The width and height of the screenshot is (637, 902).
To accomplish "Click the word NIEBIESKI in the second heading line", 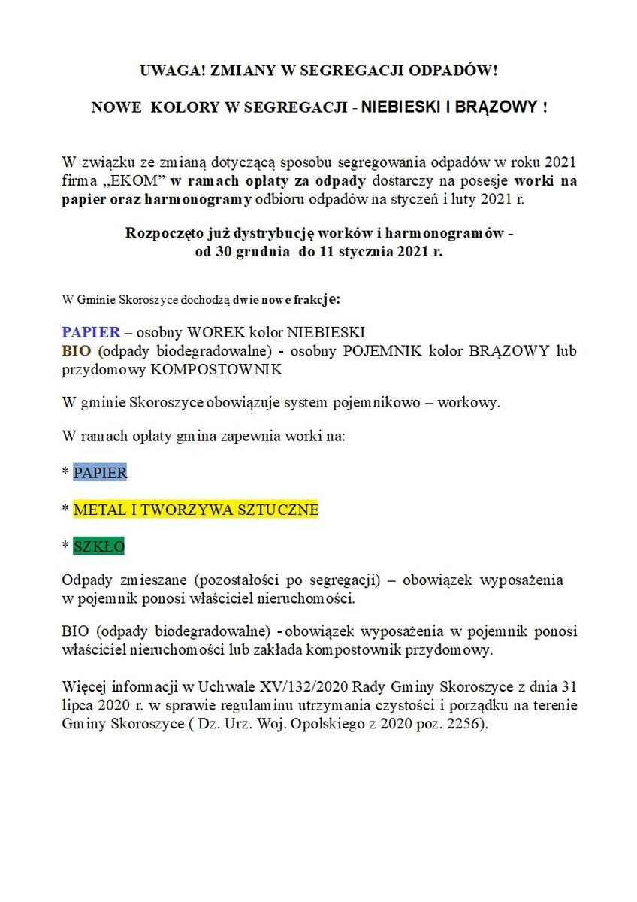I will [x=401, y=108].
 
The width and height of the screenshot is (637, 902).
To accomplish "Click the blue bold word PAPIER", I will [x=90, y=332].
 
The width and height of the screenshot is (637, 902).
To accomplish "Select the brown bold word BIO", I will [x=77, y=351].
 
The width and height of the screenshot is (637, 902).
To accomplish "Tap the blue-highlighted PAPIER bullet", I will [x=100, y=473].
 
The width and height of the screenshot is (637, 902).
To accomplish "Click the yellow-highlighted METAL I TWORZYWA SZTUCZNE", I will [x=196, y=510].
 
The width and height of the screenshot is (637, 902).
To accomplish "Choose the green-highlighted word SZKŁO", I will [x=98, y=546].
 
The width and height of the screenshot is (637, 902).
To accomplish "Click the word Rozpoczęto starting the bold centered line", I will [x=162, y=233].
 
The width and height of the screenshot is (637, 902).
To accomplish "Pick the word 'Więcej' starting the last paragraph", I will [x=84, y=688].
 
